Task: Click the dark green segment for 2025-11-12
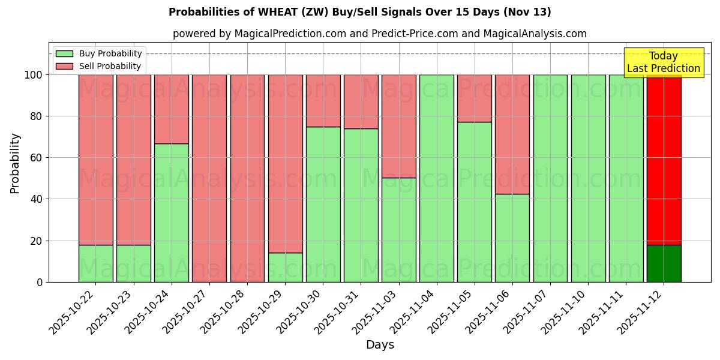point(664,263)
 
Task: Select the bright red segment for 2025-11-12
point(664,160)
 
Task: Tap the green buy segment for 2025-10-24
point(172,212)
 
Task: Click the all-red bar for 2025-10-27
point(209,178)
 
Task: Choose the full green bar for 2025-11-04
point(437,178)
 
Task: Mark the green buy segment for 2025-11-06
point(512,238)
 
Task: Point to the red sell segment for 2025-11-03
point(399,126)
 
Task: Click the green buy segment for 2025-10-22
point(96,263)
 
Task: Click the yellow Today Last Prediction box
point(663,62)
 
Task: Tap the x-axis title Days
point(380,345)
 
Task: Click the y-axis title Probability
point(15,163)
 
